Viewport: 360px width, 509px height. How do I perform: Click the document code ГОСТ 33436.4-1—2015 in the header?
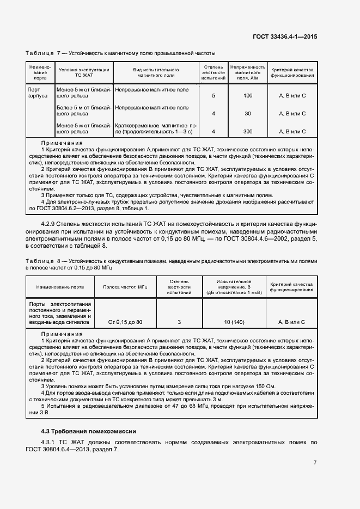(x=285, y=36)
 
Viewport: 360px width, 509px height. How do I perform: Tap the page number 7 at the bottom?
(x=315, y=463)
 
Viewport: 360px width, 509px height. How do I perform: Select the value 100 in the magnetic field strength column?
(x=248, y=96)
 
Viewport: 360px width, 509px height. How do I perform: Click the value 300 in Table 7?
(x=248, y=132)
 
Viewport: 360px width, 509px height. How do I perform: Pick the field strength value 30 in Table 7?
(x=248, y=114)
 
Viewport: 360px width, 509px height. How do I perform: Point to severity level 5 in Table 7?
(x=213, y=96)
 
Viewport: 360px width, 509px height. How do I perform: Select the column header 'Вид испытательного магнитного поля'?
(x=156, y=74)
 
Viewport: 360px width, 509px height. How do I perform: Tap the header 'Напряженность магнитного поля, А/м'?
(x=248, y=73)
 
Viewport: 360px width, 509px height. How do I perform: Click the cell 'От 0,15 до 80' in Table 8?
(x=125, y=322)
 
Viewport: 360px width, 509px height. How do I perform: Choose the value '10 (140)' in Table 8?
(x=234, y=322)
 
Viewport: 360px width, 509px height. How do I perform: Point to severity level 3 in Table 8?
(x=179, y=322)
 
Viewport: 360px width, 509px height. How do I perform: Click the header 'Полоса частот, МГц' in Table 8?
(x=125, y=286)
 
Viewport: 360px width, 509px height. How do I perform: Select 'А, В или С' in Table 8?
(x=291, y=322)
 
